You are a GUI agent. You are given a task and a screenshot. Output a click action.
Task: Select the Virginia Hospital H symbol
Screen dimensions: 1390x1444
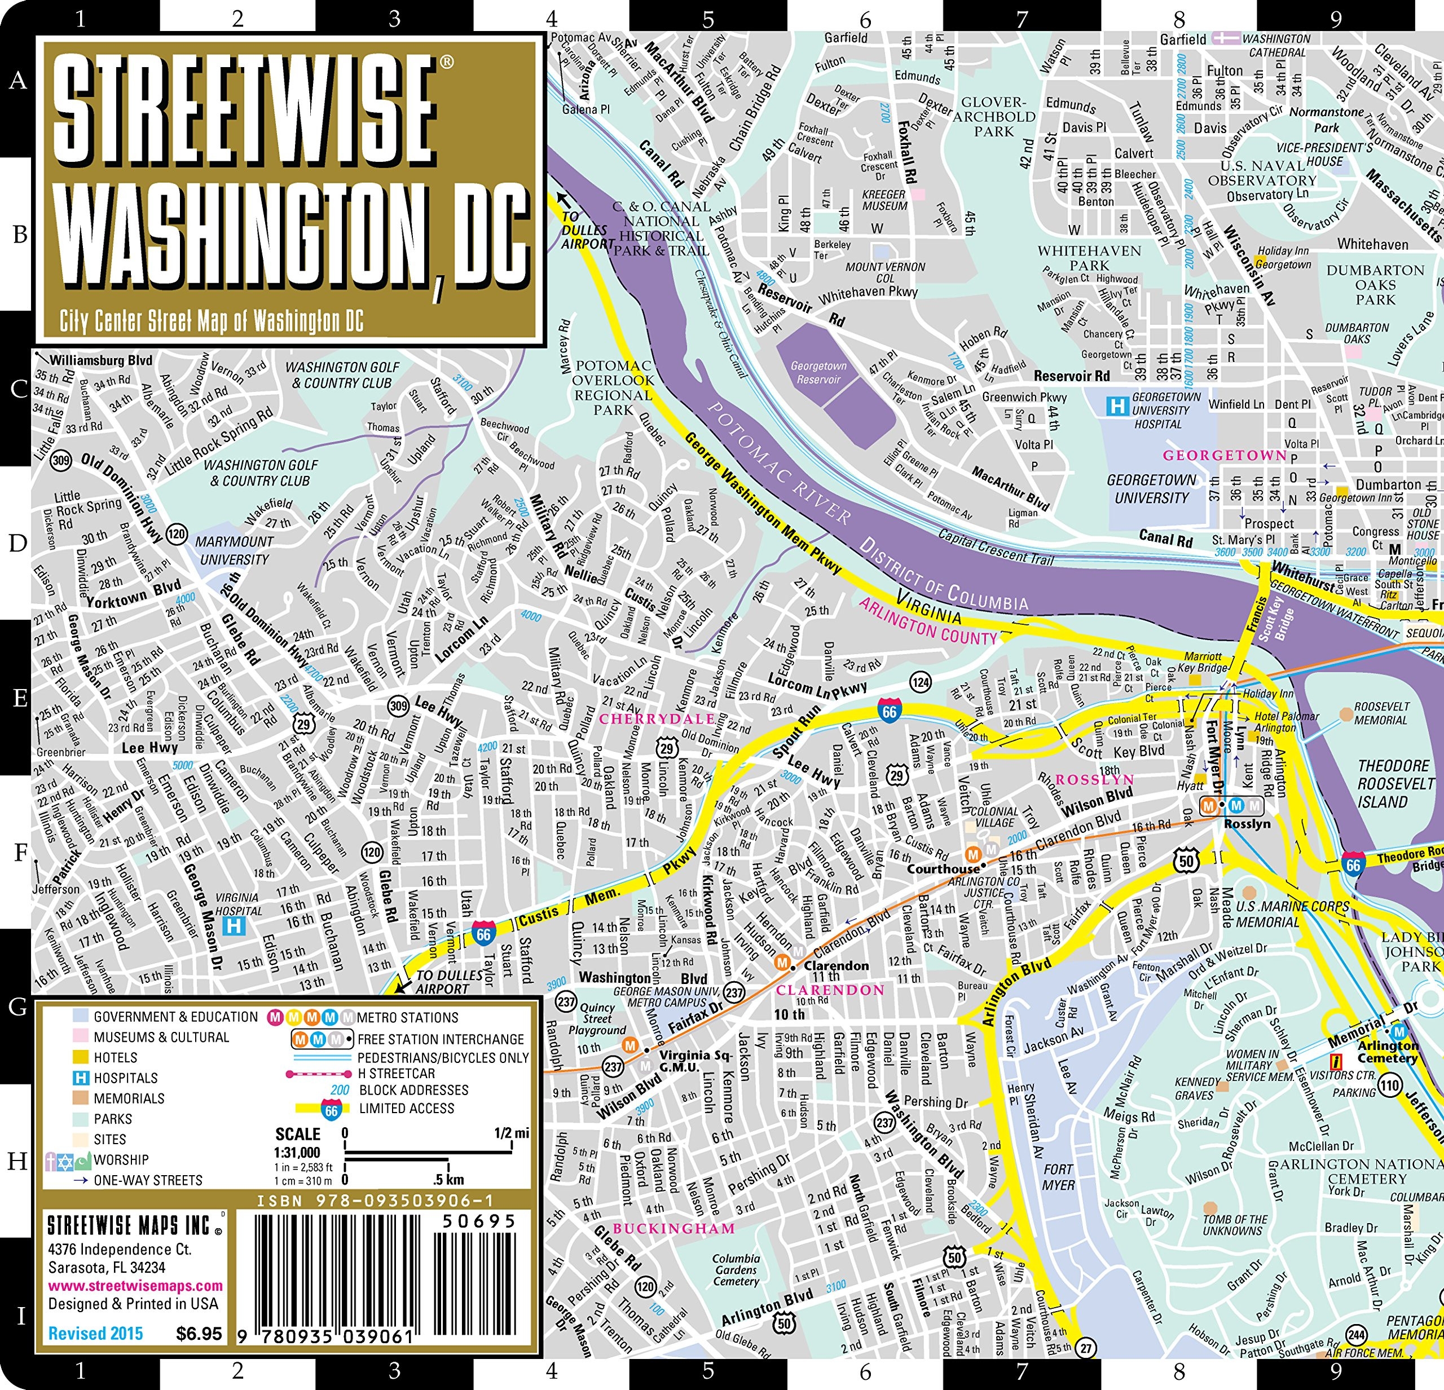[234, 926]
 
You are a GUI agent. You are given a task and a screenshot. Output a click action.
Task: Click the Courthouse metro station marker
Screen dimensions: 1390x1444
[972, 854]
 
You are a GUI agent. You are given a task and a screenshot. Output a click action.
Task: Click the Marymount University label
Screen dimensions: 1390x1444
[234, 550]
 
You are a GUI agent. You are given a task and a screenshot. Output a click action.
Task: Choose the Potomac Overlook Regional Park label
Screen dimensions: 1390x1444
[613, 387]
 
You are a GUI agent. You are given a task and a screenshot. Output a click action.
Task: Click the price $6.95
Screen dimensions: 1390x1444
[199, 1333]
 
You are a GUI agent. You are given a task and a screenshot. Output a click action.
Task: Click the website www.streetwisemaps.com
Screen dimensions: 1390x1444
[135, 1286]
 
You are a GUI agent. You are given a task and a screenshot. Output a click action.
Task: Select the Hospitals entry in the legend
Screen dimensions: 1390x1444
[125, 1078]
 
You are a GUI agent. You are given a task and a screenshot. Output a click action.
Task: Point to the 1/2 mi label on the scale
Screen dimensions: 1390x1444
[511, 1133]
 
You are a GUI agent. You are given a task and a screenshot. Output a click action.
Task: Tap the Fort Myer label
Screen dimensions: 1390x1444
[1058, 1177]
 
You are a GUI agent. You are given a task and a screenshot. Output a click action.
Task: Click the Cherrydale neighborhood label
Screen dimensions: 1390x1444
[657, 718]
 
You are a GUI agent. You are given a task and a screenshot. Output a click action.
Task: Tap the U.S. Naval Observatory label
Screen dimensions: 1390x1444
[1262, 173]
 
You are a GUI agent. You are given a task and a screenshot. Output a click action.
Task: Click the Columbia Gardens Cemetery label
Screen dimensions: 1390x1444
[736, 1269]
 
